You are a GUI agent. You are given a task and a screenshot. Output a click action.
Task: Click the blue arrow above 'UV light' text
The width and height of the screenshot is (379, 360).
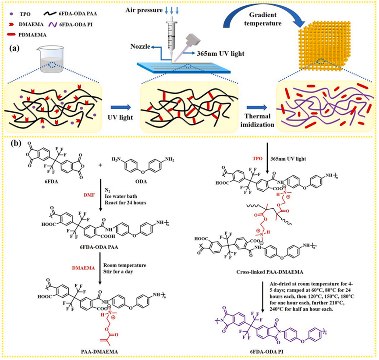[x=117, y=106]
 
